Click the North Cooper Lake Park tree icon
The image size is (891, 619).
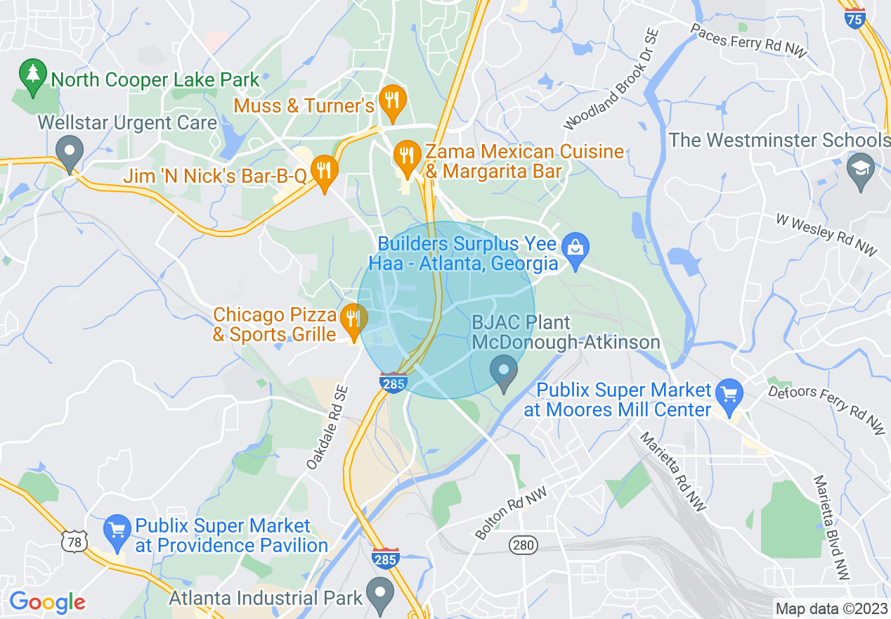coord(32,78)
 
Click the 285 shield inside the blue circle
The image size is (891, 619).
coord(393,383)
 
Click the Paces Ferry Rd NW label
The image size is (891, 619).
coord(749,42)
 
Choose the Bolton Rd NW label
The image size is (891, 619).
coord(512,516)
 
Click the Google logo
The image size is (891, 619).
coord(47,603)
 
